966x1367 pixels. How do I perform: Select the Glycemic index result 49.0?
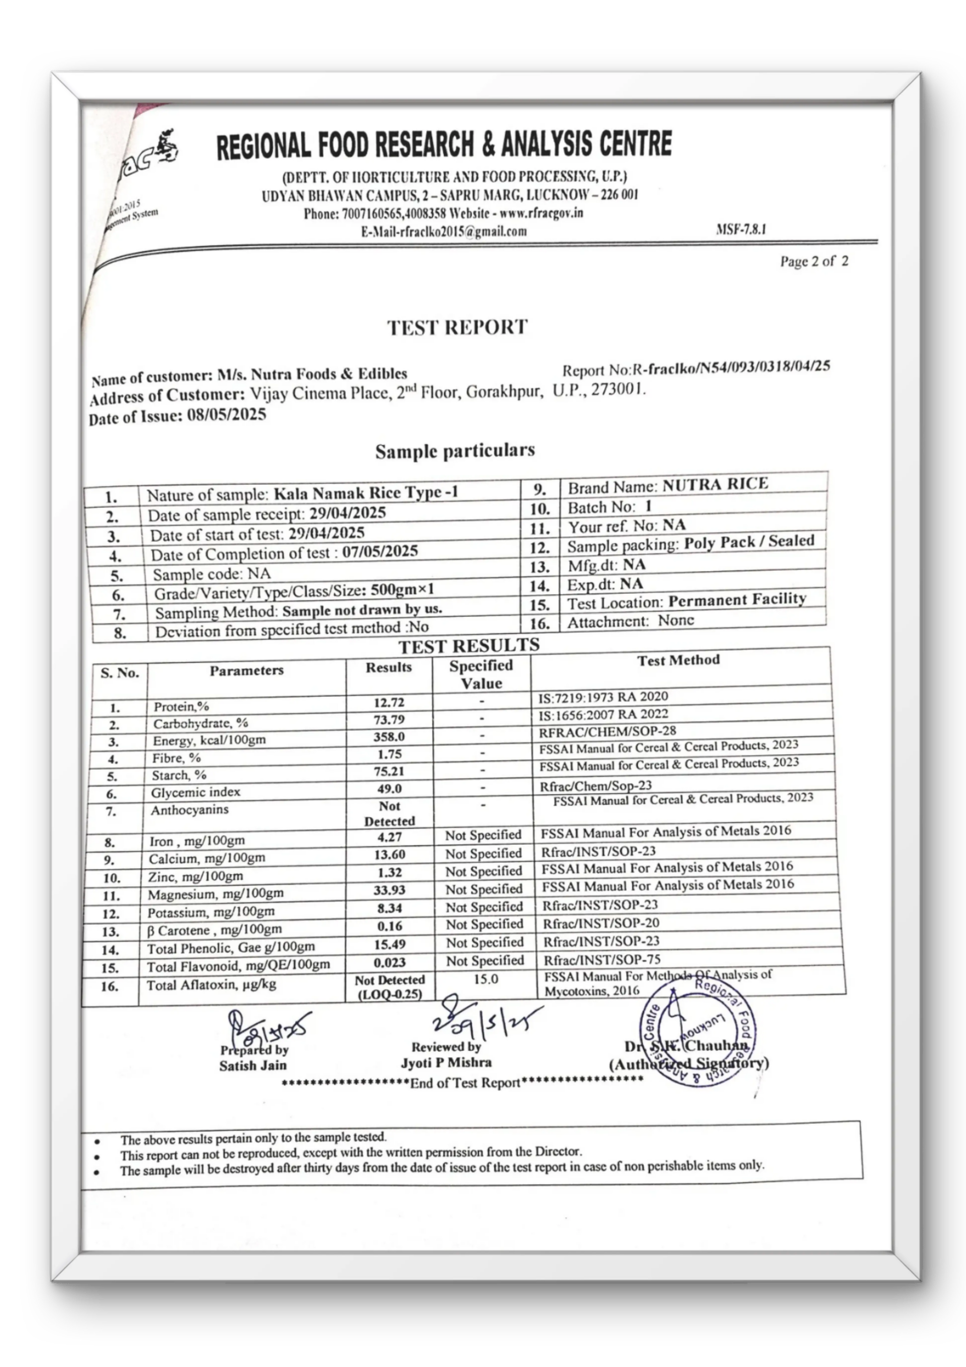click(389, 789)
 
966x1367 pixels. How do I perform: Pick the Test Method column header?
click(679, 660)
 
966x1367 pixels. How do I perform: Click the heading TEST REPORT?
click(457, 327)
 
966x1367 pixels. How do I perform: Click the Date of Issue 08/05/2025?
click(226, 415)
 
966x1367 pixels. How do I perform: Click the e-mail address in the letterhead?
click(443, 232)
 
